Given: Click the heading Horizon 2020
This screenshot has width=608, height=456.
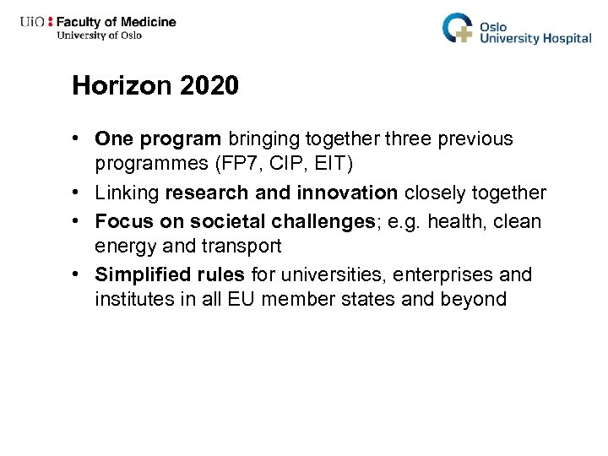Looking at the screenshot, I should click(x=155, y=85).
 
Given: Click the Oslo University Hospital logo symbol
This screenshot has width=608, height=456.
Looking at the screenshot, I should click(x=459, y=27).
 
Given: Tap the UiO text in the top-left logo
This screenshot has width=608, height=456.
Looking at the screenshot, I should click(x=33, y=21).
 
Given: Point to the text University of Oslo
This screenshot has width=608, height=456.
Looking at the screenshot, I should click(x=99, y=35).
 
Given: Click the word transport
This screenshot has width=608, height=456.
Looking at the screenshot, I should click(x=243, y=247).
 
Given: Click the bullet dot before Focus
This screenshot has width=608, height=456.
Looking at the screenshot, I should click(x=77, y=220).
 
